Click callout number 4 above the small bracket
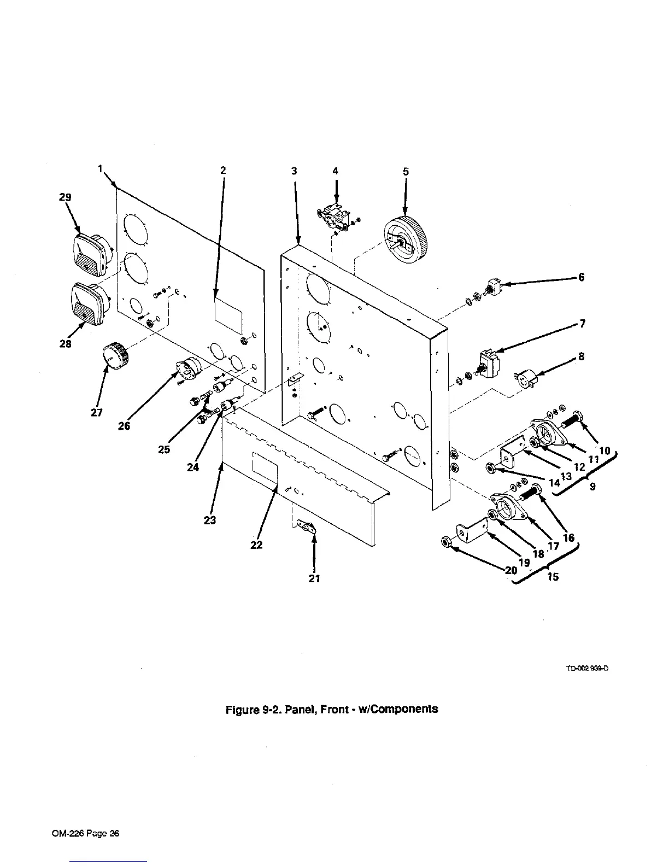pos(336,171)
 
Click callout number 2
pos(223,171)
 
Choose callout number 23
pos(210,520)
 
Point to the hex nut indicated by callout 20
pos(445,543)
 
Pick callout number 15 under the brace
pos(553,576)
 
